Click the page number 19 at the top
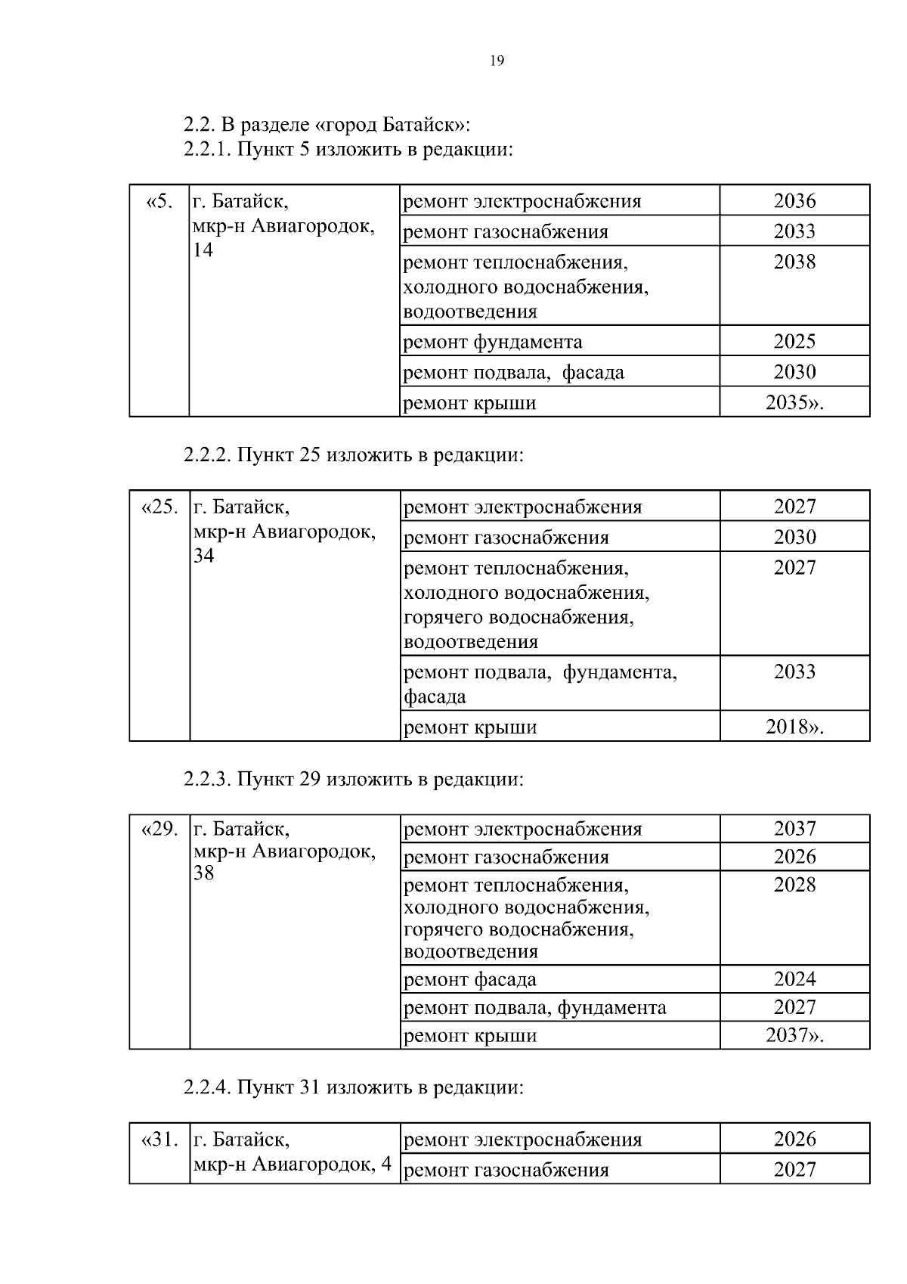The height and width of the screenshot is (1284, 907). click(x=497, y=61)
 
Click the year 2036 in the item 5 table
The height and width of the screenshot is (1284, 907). click(x=794, y=201)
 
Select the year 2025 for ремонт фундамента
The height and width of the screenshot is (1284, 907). click(x=794, y=342)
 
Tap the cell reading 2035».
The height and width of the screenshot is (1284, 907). click(x=794, y=403)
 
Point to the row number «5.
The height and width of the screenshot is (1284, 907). click(x=159, y=202)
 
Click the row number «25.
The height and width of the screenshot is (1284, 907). click(x=159, y=507)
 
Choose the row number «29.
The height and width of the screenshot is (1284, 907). click(x=159, y=829)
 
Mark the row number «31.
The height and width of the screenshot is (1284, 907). click(x=159, y=1139)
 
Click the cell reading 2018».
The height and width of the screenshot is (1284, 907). click(x=794, y=727)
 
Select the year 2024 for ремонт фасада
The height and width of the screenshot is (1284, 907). click(x=794, y=979)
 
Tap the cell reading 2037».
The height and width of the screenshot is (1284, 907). click(x=794, y=1035)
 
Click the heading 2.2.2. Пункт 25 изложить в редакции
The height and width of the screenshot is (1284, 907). click(x=353, y=456)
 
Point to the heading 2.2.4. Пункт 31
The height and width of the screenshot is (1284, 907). click(x=353, y=1088)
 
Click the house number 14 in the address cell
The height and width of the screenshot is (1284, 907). click(x=203, y=250)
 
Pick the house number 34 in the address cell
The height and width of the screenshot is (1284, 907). click(x=204, y=556)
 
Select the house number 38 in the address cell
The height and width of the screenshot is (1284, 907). click(x=204, y=873)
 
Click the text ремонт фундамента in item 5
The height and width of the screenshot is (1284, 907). click(x=493, y=343)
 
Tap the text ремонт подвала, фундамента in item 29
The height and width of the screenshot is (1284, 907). click(x=535, y=1008)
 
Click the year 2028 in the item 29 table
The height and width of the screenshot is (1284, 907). click(x=794, y=885)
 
